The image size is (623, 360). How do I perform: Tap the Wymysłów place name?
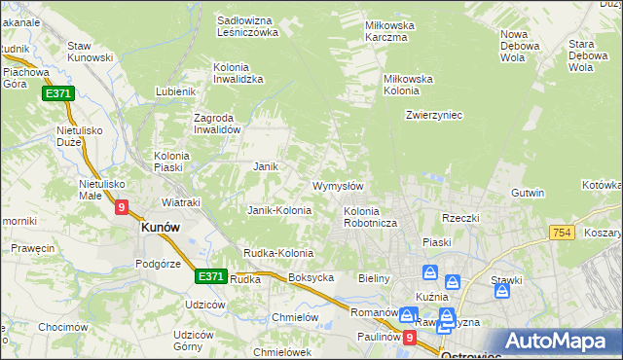tap(338, 186)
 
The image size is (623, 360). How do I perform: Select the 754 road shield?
tap(561, 233)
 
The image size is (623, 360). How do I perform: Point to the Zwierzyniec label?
tap(433, 115)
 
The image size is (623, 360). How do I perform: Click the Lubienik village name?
tap(176, 91)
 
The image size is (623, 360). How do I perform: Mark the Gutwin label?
tap(528, 193)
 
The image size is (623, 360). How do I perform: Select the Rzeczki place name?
tap(460, 218)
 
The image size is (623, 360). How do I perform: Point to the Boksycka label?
tap(311, 277)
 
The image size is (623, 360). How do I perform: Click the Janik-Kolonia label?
tap(279, 210)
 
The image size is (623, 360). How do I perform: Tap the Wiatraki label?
tap(180, 202)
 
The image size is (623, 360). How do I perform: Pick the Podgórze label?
tap(160, 264)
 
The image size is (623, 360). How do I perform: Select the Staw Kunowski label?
tap(91, 54)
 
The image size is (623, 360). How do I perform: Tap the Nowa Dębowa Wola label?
tap(520, 46)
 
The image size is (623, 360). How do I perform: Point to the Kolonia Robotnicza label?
tap(368, 217)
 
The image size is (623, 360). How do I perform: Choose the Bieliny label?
tap(374, 278)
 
